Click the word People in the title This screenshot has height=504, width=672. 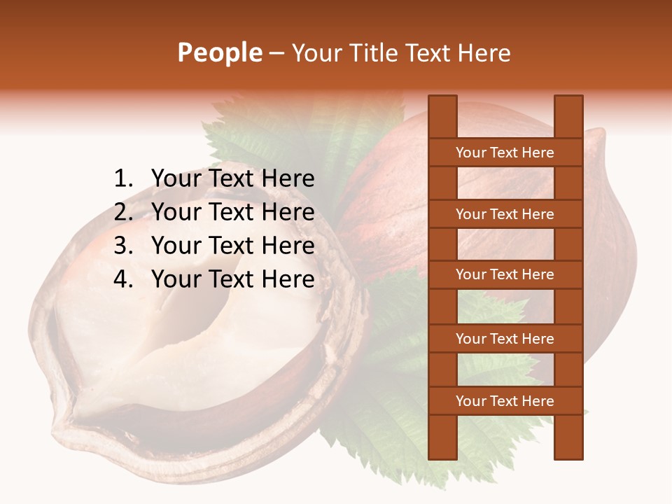click(220, 52)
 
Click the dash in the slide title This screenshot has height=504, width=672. click(276, 53)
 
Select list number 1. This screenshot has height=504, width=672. click(122, 178)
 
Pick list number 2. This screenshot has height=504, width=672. click(122, 212)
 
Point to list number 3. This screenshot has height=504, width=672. click(122, 246)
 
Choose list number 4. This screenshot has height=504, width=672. click(122, 279)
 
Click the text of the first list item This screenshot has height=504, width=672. click(232, 178)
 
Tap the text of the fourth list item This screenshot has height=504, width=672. click(232, 279)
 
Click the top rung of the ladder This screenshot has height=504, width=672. click(505, 153)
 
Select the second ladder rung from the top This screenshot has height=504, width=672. click(505, 214)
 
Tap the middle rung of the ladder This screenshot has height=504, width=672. click(505, 274)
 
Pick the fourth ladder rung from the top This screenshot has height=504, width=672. click(505, 339)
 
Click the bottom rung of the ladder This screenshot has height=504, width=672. click(505, 401)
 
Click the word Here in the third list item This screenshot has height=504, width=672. click(288, 246)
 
